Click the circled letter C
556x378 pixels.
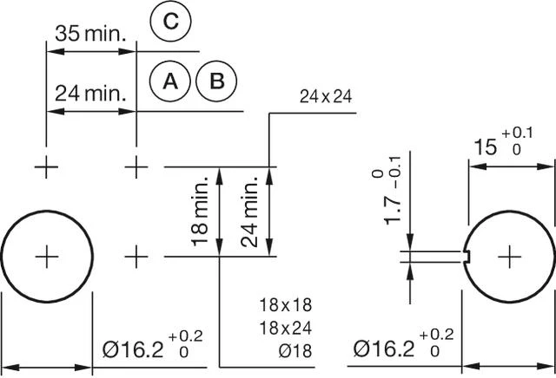click(171, 23)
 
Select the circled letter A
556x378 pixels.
click(171, 81)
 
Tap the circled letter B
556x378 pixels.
click(217, 81)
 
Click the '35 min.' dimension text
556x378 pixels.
click(91, 35)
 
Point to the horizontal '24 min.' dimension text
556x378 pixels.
click(91, 92)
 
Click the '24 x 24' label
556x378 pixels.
click(325, 96)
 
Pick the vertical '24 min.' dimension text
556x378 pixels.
click(252, 212)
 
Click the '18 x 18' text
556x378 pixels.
click(285, 305)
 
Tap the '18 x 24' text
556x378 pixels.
click(285, 328)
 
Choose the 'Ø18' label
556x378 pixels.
click(295, 350)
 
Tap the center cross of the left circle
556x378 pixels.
click(46, 257)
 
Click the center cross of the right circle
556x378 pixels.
click(509, 257)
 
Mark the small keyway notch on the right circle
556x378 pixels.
click(468, 257)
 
